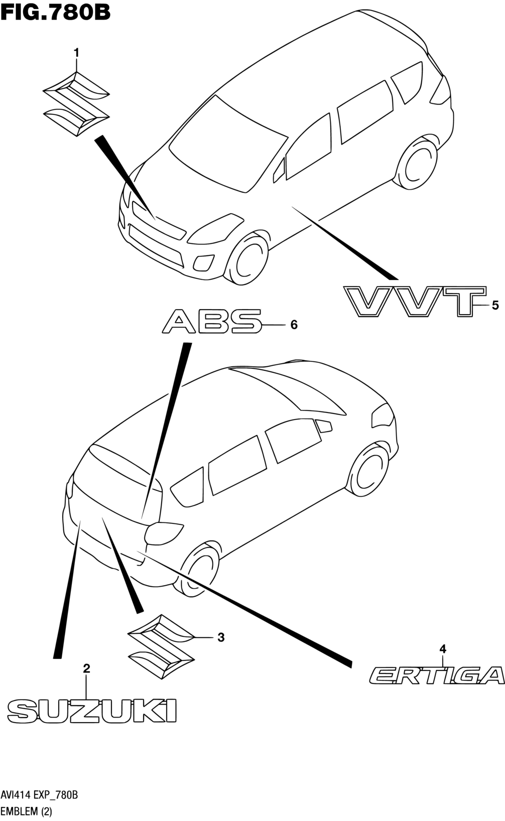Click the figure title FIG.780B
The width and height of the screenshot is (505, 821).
[55, 12]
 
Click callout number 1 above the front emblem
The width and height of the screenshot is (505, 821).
[77, 52]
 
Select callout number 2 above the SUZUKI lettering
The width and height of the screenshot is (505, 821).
[86, 668]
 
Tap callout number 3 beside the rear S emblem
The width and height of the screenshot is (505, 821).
[220, 637]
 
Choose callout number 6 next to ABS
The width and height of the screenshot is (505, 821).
[294, 325]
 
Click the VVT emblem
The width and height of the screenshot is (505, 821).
[415, 301]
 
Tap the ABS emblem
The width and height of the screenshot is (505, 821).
[212, 321]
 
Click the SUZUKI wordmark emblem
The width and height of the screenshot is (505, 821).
[92, 711]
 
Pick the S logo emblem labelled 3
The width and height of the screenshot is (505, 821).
[161, 646]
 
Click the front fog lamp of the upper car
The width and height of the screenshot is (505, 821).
[204, 262]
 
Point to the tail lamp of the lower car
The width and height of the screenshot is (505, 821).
[163, 532]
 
